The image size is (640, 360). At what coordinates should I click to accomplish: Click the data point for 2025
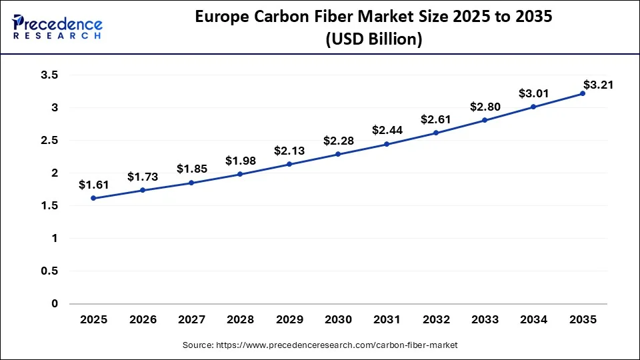tap(93, 198)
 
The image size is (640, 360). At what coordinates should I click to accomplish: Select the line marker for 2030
tap(338, 154)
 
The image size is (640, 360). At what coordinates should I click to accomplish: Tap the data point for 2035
tap(582, 93)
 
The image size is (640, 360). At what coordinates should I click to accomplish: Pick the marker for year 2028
tap(240, 174)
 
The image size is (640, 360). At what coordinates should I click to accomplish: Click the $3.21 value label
tap(598, 85)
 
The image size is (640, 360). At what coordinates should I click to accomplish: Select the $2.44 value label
tap(387, 130)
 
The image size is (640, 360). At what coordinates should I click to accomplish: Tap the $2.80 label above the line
tap(485, 106)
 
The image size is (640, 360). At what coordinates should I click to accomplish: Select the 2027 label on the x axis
tap(191, 320)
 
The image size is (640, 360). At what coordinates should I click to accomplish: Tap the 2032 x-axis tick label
tap(436, 320)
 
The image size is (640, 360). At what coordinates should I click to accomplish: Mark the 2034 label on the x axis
tap(533, 320)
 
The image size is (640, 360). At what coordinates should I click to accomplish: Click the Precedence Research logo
tap(57, 27)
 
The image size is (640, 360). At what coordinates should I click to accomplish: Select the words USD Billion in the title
tap(374, 39)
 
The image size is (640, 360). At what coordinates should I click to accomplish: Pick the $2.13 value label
tap(289, 150)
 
